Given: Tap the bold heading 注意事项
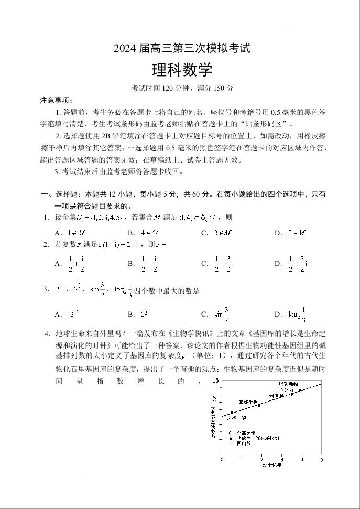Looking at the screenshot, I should [54, 100].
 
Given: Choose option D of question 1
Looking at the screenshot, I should [290, 233].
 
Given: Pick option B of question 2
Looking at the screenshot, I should [144, 264].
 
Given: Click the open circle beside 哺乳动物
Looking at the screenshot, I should [300, 384].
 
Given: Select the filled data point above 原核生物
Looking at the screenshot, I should [232, 412].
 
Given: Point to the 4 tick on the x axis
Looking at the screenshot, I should [302, 460].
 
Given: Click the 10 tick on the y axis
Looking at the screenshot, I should [216, 381].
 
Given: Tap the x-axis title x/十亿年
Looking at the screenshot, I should [271, 465].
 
